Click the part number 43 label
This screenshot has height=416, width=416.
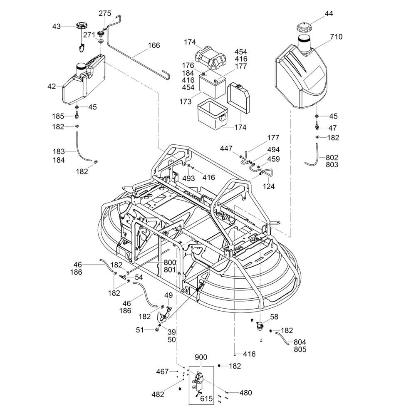[57, 26]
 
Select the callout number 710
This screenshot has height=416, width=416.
[336, 37]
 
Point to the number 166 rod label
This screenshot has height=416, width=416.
[154, 45]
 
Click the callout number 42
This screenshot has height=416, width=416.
[52, 87]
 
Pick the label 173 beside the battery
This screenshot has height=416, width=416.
[186, 102]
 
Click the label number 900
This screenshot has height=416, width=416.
[201, 357]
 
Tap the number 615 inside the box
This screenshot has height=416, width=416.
[206, 399]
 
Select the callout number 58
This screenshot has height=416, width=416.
[274, 317]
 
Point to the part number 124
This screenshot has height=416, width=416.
[268, 186]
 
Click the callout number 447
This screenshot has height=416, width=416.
[226, 149]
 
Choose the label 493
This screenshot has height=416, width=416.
[188, 178]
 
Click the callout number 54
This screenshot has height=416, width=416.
[139, 277]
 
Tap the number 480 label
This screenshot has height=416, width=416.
[245, 392]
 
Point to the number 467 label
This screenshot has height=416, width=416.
[162, 371]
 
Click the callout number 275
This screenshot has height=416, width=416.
[105, 14]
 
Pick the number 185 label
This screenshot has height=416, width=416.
[58, 116]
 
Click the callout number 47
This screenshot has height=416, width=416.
[332, 128]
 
